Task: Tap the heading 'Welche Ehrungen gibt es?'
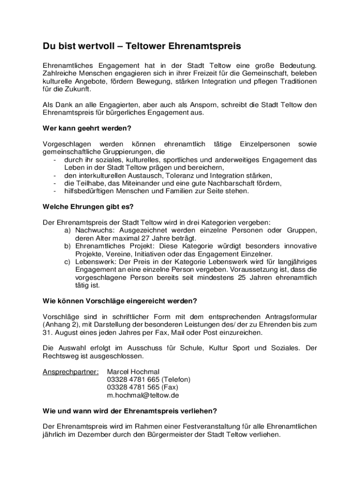(x=88, y=206)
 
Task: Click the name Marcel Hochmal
(x=133, y=372)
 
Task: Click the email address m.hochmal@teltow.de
(x=143, y=395)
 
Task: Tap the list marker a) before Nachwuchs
(x=67, y=230)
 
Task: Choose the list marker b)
(x=67, y=246)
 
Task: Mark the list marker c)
(x=67, y=261)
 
